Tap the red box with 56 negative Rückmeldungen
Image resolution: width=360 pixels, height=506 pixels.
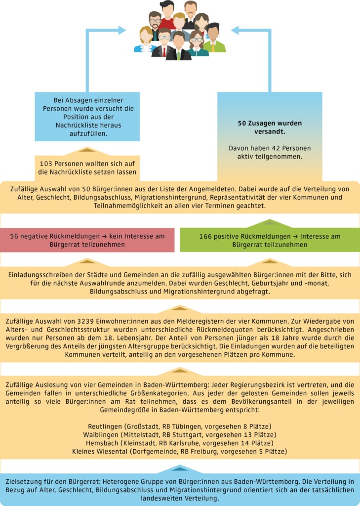click(x=87, y=240)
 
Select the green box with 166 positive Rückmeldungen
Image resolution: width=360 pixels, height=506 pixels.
click(x=270, y=240)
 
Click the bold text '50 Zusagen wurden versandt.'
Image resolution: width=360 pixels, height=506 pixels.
click(x=270, y=127)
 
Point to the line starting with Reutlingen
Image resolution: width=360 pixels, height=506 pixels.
click(x=180, y=426)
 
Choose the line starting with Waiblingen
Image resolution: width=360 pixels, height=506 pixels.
click(x=180, y=435)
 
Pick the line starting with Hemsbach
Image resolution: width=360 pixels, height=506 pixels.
click(x=180, y=443)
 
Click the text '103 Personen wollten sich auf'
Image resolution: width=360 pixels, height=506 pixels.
click(x=87, y=164)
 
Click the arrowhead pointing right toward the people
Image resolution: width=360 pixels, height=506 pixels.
click(x=121, y=30)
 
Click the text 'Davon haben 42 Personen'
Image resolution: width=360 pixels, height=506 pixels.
click(x=270, y=149)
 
